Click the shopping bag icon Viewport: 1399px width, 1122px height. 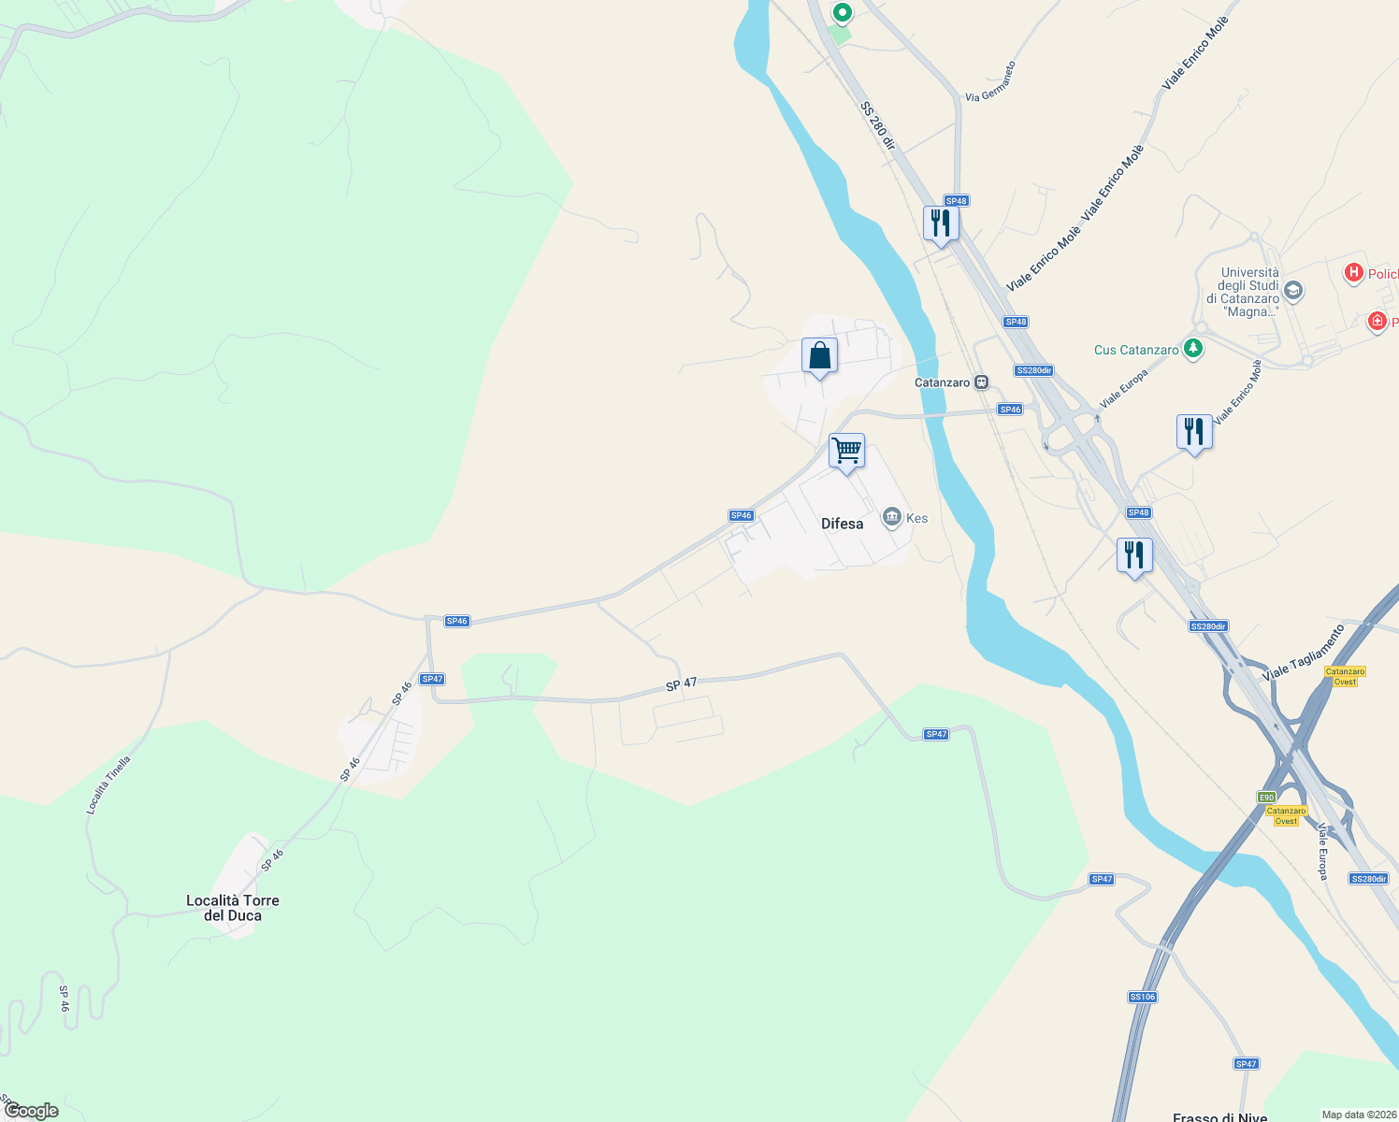tap(819, 356)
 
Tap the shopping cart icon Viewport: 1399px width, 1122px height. tap(846, 452)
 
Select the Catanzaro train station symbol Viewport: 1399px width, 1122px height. tap(981, 382)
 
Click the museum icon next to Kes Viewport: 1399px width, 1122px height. tap(891, 517)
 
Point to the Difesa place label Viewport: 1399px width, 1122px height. tap(842, 524)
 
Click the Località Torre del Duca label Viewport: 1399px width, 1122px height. tap(233, 908)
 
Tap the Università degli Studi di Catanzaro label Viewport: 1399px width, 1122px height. tap(1248, 293)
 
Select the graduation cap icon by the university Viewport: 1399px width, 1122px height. tap(1293, 290)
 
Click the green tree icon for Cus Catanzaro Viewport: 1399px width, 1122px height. tap(1192, 349)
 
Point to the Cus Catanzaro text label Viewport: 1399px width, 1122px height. tap(1136, 350)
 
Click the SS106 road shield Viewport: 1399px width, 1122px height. tap(1143, 997)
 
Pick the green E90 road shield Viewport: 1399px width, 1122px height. tap(1266, 797)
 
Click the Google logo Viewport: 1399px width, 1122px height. tap(31, 1111)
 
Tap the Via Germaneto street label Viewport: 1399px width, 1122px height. tap(990, 82)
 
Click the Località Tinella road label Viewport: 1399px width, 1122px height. tap(108, 784)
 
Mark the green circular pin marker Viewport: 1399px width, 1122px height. tap(843, 13)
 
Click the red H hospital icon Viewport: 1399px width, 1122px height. tap(1353, 273)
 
